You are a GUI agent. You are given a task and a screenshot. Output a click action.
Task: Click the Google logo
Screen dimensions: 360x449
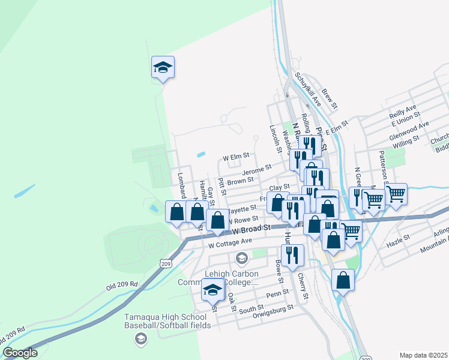point(20,353)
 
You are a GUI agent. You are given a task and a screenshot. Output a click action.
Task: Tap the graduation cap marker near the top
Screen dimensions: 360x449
point(162,67)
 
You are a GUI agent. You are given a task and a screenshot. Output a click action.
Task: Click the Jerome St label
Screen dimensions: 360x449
point(257,170)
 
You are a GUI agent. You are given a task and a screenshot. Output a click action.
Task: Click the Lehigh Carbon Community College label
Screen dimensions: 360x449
point(231,277)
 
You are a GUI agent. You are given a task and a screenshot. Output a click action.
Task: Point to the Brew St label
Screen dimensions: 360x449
point(330,98)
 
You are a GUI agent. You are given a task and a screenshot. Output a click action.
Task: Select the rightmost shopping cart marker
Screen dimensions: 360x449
point(396,194)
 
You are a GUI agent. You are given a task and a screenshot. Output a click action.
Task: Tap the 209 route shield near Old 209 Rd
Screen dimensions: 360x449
point(165,262)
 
